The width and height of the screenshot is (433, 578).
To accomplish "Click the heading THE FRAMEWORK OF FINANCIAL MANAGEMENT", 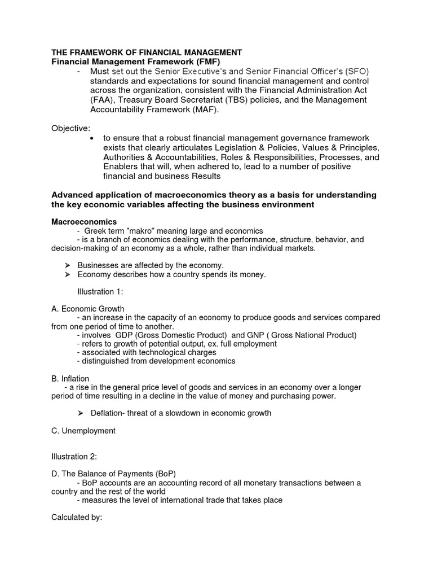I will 147,52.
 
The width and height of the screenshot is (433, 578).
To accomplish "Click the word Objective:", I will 71,128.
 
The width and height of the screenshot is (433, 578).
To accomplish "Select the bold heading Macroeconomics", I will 84,222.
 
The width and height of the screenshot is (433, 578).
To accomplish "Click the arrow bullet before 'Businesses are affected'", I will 67,265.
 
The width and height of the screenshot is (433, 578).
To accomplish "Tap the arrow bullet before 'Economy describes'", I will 67,274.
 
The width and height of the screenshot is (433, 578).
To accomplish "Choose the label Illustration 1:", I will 100,292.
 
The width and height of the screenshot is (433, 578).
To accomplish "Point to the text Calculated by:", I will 77,518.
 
